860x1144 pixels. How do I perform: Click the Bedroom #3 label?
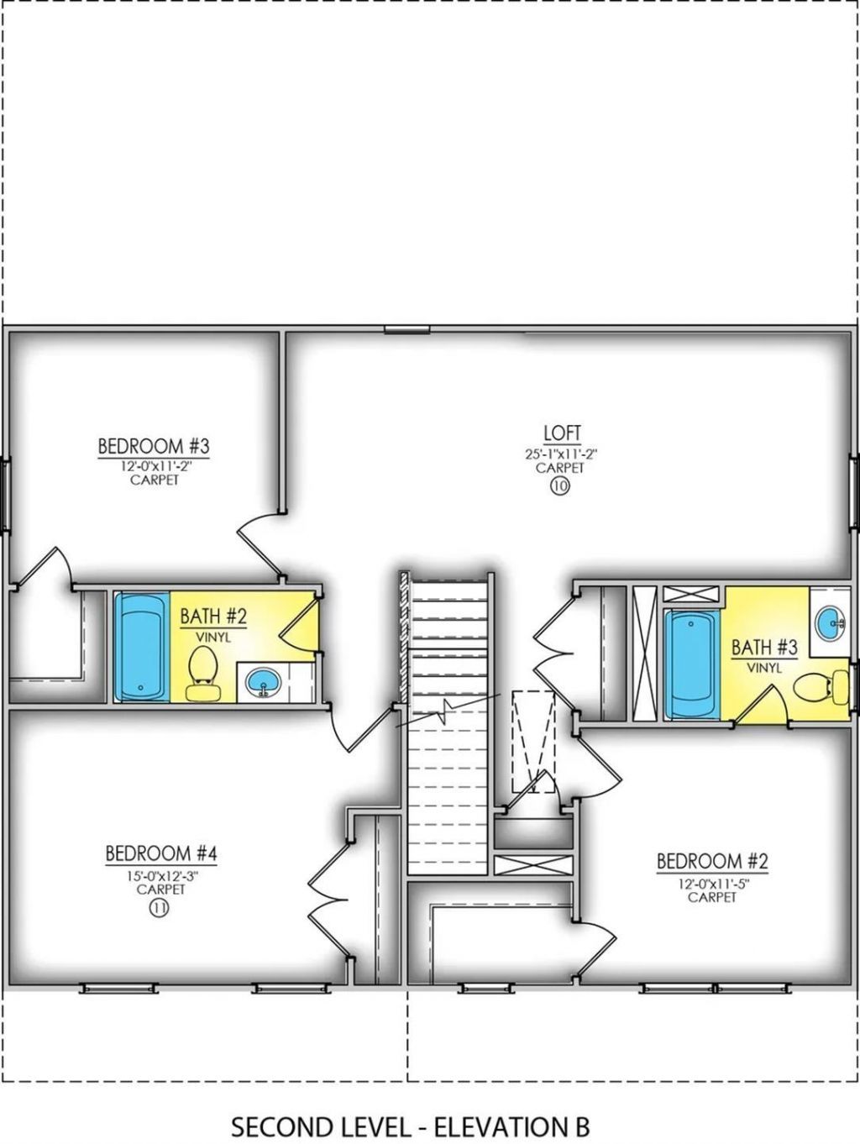coord(153,445)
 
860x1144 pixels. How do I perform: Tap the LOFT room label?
coord(562,433)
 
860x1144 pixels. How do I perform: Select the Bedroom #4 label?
coord(161,854)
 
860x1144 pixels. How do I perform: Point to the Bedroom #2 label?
coord(712,862)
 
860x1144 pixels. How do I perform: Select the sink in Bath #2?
coord(264,682)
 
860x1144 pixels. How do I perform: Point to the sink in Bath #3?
coord(831,621)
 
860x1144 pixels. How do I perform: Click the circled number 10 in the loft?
coord(560,488)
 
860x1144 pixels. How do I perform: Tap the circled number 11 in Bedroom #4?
coord(159,907)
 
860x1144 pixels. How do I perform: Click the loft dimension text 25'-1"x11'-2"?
coord(562,454)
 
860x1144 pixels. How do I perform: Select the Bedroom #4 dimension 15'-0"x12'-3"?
coord(161,875)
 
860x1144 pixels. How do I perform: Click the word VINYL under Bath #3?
coord(764,668)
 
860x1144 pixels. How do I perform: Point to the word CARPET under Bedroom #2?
coord(712,897)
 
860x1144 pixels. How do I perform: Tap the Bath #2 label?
coord(213,617)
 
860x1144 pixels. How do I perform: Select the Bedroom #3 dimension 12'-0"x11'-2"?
coord(154,466)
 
